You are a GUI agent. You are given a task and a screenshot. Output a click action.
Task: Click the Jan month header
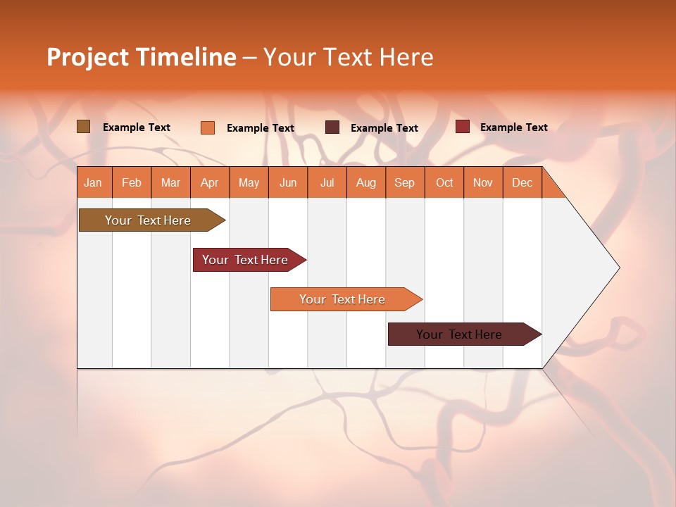[94, 182]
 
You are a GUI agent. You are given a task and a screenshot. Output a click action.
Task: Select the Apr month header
[210, 182]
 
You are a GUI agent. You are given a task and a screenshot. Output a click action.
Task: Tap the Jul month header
[327, 182]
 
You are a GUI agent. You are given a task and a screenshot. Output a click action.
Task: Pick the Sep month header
[405, 182]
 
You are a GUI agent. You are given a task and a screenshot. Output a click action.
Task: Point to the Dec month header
[522, 182]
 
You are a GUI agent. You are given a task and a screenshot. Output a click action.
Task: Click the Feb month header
[132, 182]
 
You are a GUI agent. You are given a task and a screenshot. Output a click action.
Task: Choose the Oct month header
[444, 182]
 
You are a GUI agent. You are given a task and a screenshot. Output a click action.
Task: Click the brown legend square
[84, 127]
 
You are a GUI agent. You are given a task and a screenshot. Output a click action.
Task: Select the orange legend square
[208, 127]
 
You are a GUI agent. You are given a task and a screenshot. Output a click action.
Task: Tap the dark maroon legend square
[332, 127]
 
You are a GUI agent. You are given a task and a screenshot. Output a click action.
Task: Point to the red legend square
[462, 127]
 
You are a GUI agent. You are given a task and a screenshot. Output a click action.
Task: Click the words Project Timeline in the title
[141, 57]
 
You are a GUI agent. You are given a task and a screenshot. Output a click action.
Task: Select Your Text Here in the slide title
[348, 57]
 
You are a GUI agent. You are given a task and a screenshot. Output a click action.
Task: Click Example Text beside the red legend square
[513, 127]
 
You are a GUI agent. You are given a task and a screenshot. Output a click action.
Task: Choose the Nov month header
[483, 182]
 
